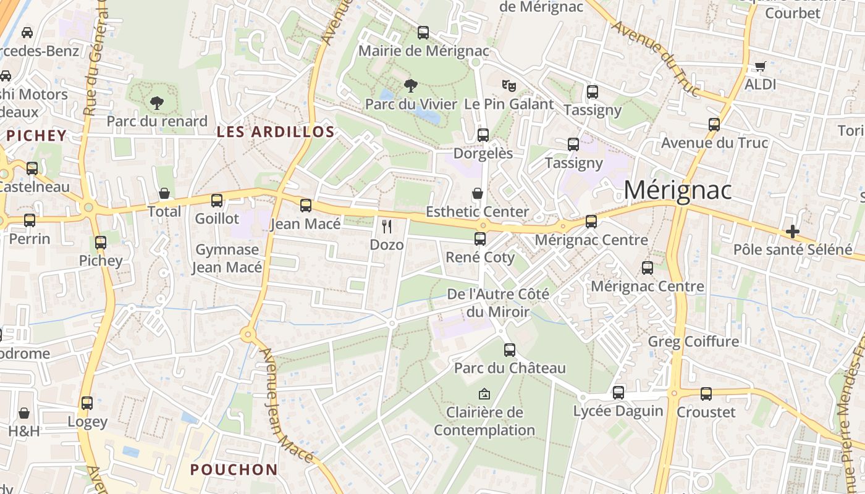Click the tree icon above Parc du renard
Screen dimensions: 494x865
[157, 103]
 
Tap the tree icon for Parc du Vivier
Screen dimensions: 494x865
[410, 86]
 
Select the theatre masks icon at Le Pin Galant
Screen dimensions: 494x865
[508, 85]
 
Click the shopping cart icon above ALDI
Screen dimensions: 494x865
[761, 66]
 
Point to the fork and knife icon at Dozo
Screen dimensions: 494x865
[387, 227]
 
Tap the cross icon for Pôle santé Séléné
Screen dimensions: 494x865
[793, 232]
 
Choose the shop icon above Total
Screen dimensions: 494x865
[164, 194]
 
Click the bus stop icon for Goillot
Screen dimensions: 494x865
[217, 201]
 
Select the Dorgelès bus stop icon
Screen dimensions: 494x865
[483, 135]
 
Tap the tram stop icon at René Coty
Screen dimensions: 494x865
[480, 239]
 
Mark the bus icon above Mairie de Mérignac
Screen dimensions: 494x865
[423, 33]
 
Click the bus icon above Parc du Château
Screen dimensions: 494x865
[510, 350]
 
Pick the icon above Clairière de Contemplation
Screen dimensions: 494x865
[484, 393]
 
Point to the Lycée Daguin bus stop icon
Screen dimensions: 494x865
[618, 393]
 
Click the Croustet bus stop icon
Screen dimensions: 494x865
[706, 394]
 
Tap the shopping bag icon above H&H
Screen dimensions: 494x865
[24, 412]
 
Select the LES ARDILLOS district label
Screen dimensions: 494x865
[276, 132]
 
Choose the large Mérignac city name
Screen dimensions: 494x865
[677, 190]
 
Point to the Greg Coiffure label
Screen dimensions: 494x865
[693, 341]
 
